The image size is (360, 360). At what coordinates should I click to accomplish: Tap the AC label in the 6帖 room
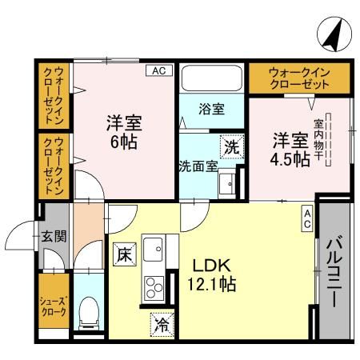point(158,70)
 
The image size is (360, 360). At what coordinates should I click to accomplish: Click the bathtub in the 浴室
point(211,79)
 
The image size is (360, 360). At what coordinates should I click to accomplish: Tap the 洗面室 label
point(197,167)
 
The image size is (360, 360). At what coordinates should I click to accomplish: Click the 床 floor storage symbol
point(123,255)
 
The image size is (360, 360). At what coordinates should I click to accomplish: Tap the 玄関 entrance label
point(54,237)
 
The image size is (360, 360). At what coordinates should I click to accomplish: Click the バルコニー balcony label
point(335,272)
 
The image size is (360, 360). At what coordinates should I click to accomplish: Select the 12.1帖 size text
point(211,285)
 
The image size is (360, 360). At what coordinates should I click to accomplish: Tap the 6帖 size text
point(124,144)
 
